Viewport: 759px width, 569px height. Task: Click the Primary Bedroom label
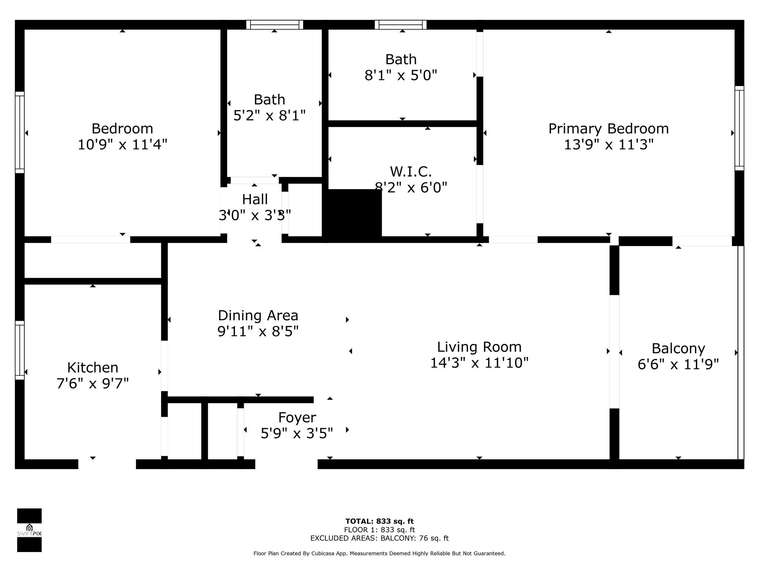click(608, 129)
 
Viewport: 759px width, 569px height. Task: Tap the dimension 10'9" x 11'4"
click(122, 144)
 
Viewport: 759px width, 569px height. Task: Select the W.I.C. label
click(411, 172)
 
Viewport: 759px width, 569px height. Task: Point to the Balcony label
click(678, 349)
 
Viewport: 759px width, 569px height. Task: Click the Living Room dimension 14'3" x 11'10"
click(479, 363)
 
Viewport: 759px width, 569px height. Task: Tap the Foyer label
click(297, 417)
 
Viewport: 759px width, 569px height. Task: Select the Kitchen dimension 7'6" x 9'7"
click(93, 383)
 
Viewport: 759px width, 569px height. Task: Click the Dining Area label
click(258, 316)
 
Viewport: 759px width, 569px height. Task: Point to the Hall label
click(255, 200)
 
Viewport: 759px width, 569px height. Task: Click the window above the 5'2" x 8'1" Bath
click(275, 25)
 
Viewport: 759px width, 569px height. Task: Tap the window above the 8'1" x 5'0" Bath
click(401, 25)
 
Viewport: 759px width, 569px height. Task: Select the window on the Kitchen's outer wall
click(20, 350)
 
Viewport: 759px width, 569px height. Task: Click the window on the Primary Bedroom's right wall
click(739, 128)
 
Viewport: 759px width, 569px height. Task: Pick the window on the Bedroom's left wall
click(20, 132)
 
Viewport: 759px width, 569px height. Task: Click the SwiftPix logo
click(29, 530)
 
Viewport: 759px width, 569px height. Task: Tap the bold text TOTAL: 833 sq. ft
click(379, 522)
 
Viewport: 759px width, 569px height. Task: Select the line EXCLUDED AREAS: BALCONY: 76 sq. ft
click(379, 538)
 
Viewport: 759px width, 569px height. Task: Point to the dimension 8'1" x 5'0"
click(401, 76)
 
